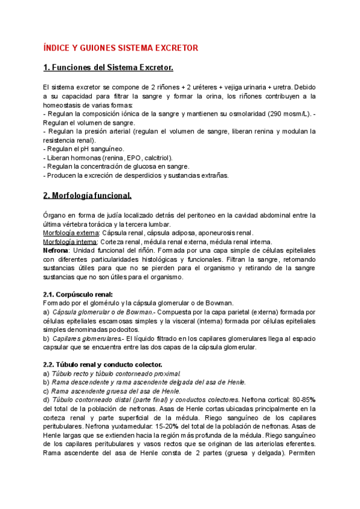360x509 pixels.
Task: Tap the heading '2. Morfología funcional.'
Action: coord(88,196)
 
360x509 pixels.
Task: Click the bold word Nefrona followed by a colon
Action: coord(56,250)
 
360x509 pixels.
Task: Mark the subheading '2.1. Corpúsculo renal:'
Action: coord(78,294)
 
